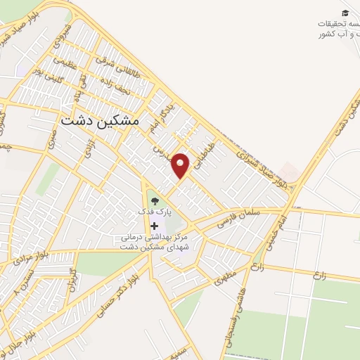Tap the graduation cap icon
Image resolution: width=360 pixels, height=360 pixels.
[345, 13]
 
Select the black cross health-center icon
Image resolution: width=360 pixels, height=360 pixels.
[155, 225]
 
